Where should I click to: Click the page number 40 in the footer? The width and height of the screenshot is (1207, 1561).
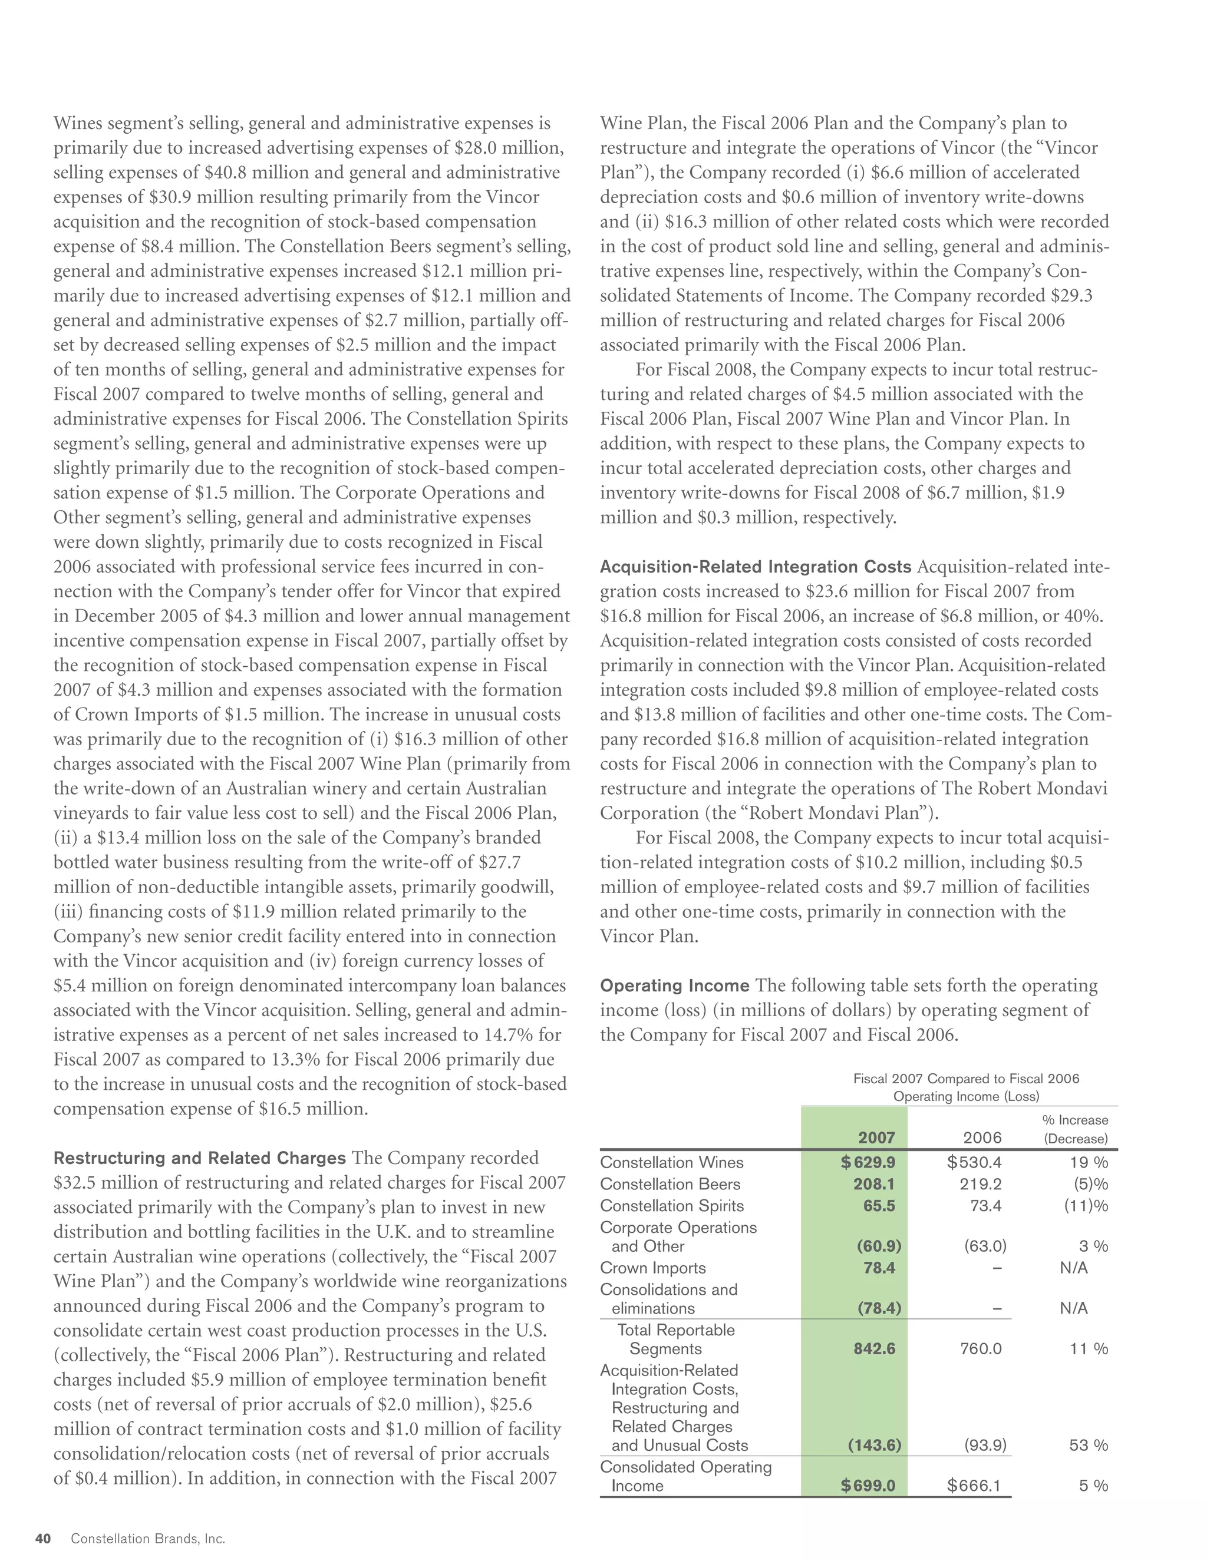(43, 1539)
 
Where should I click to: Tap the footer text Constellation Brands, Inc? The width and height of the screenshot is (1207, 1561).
(148, 1539)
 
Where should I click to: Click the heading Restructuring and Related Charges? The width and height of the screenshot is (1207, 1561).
(200, 1159)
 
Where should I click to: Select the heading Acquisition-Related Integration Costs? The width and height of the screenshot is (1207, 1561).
(756, 567)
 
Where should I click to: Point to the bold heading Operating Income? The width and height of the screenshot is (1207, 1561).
(674, 986)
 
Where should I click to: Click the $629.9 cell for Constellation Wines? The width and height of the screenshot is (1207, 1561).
(868, 1163)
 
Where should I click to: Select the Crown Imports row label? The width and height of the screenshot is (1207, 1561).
(653, 1269)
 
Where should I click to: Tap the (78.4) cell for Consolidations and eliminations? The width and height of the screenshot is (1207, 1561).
(879, 1309)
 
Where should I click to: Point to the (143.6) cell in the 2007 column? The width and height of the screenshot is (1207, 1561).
(875, 1445)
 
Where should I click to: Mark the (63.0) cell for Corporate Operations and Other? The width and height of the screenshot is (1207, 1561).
(985, 1246)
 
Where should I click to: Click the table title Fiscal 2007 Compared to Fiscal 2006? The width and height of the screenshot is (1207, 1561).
(966, 1079)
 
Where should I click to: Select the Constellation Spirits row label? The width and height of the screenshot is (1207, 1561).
(671, 1206)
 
